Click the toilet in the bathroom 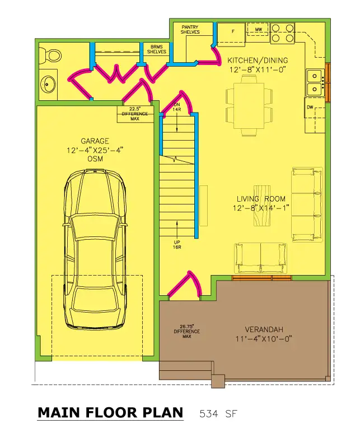pyautogui.click(x=50, y=55)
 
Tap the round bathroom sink pyautogui.click(x=48, y=85)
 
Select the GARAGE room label pyautogui.click(x=95, y=141)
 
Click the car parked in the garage pyautogui.click(x=95, y=249)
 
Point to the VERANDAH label pyautogui.click(x=264, y=329)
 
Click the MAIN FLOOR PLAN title pyautogui.click(x=110, y=413)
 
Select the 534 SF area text pyautogui.click(x=218, y=413)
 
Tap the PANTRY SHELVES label pyautogui.click(x=190, y=30)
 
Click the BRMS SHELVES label pyautogui.click(x=156, y=49)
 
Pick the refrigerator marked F pyautogui.click(x=231, y=35)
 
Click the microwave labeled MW pyautogui.click(x=258, y=29)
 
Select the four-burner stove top pyautogui.click(x=283, y=34)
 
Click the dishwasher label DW pyautogui.click(x=310, y=107)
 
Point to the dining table pyautogui.click(x=249, y=105)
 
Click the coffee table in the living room pyautogui.click(x=262, y=206)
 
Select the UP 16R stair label pyautogui.click(x=177, y=245)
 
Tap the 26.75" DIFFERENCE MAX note pyautogui.click(x=186, y=331)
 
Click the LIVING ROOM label pyautogui.click(x=261, y=199)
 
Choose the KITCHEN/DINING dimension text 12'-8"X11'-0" pyautogui.click(x=258, y=69)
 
